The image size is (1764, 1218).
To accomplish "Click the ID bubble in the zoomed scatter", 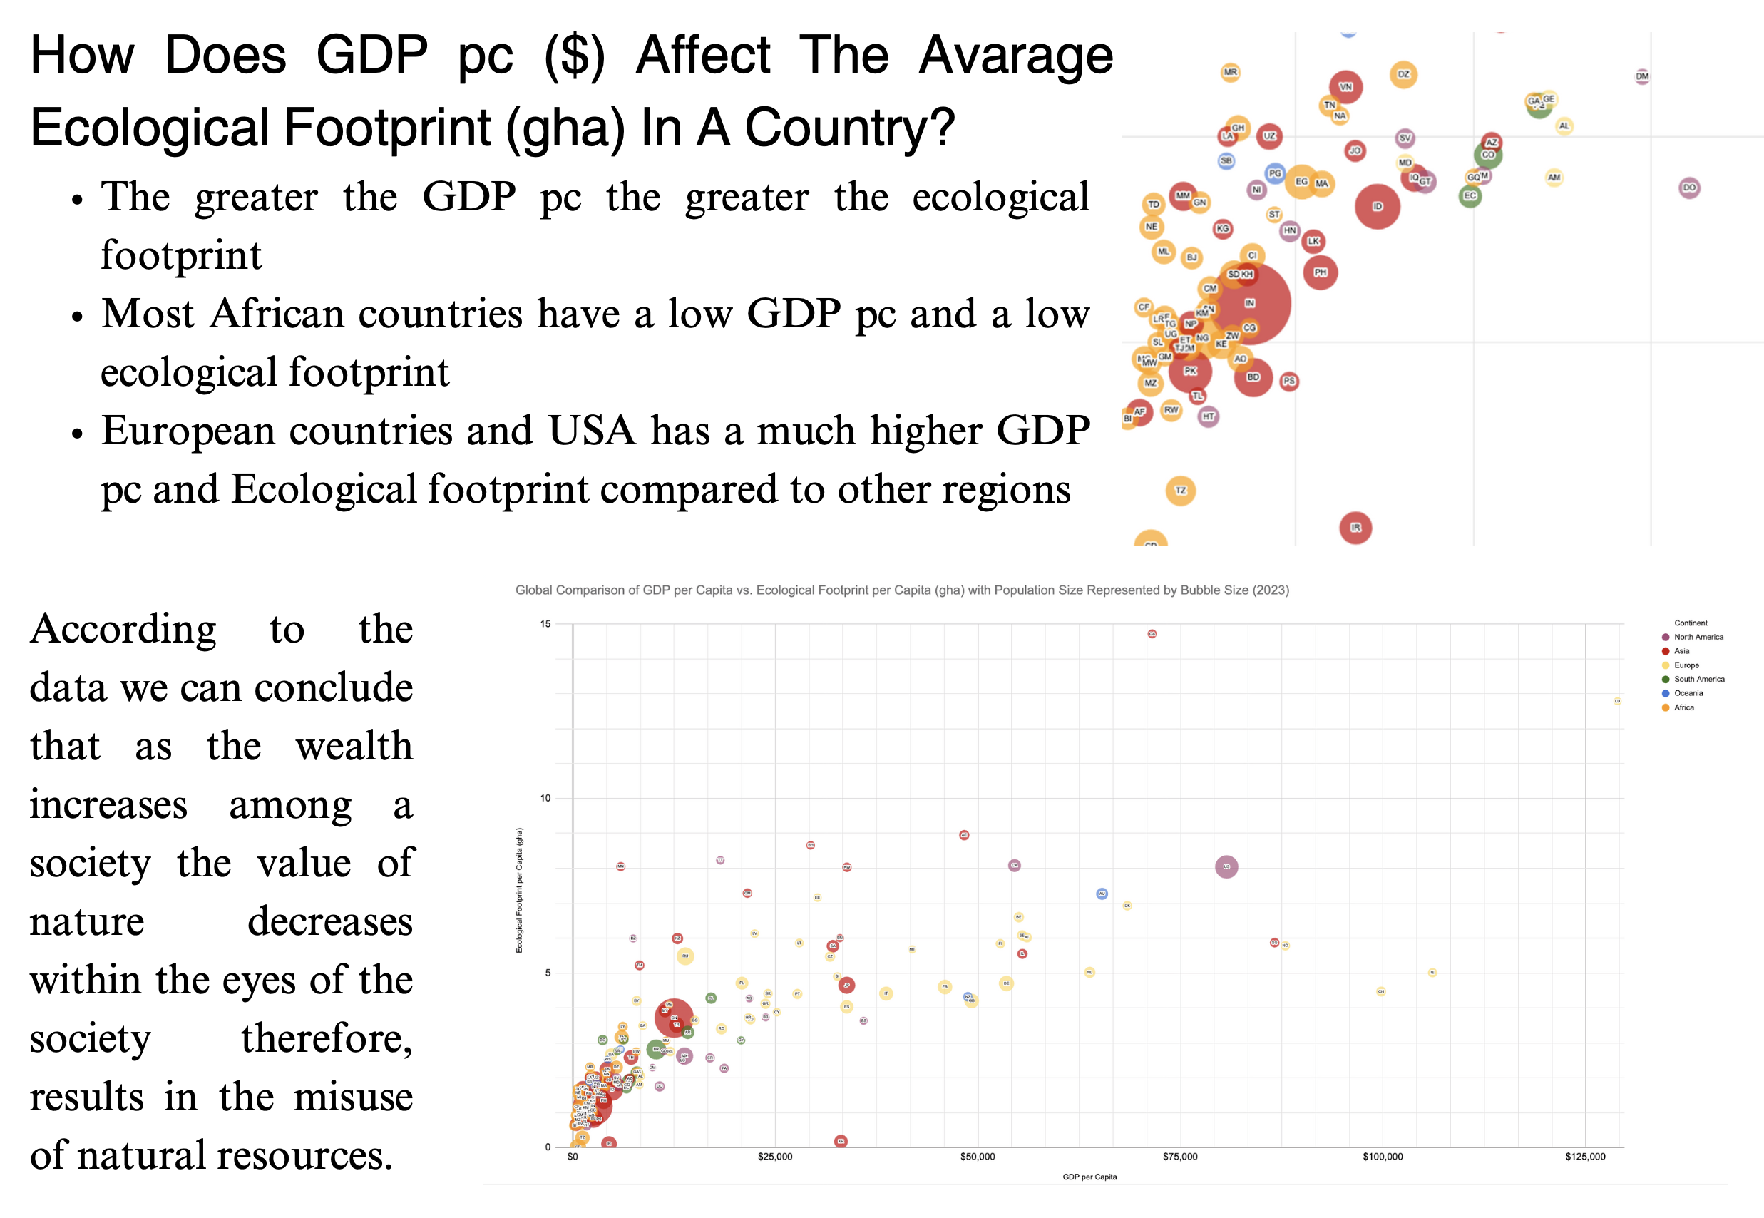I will coord(1376,206).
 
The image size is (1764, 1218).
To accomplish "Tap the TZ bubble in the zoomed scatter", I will coord(1180,491).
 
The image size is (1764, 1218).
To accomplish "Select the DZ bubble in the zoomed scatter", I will coord(1403,75).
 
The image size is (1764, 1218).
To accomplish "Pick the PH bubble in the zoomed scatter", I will coord(1320,272).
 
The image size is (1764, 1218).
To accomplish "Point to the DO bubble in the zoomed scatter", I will coord(1689,188).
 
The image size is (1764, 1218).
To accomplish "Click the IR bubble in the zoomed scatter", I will coord(1355,527).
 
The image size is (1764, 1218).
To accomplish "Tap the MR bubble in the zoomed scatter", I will coord(1230,73).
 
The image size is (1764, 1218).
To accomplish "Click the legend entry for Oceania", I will coord(1688,694).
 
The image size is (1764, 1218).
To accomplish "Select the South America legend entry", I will coord(1698,679).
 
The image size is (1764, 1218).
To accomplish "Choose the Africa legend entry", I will coord(1683,708).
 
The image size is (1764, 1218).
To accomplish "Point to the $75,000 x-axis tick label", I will coord(1179,1157).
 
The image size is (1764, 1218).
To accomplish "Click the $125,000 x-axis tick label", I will coord(1585,1157).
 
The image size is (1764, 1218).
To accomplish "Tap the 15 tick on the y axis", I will coord(545,624).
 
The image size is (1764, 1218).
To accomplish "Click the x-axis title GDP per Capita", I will coord(1089,1177).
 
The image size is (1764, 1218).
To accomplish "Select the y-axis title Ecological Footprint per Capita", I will coord(520,890).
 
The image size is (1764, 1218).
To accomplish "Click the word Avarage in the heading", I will coord(1015,56).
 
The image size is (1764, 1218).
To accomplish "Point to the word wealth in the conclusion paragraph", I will coord(354,747).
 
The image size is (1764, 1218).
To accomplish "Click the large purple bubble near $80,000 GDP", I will coord(1226,867).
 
